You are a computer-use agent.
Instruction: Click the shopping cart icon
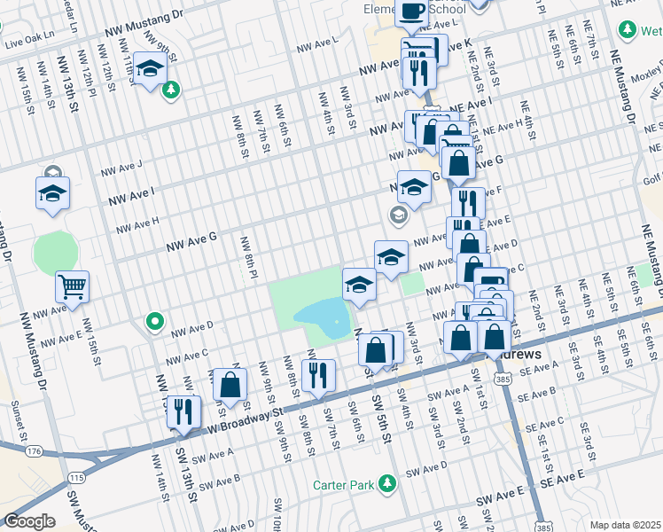[72, 286]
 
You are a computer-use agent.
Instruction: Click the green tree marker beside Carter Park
[386, 483]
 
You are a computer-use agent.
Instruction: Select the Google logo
[29, 521]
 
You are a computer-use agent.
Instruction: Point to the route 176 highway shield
[34, 451]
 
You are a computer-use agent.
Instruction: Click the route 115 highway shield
[77, 478]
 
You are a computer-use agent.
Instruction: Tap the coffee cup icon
[411, 11]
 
